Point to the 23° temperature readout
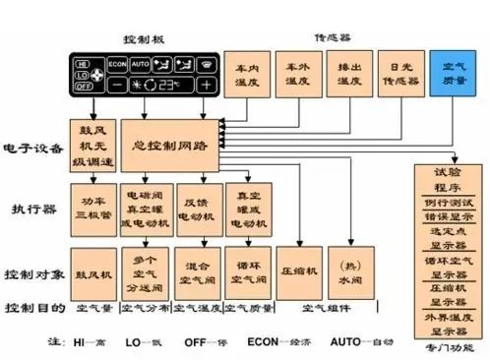162,85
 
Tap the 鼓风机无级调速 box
92,145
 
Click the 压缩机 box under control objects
299,269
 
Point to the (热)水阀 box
348,269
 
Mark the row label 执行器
28,209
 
